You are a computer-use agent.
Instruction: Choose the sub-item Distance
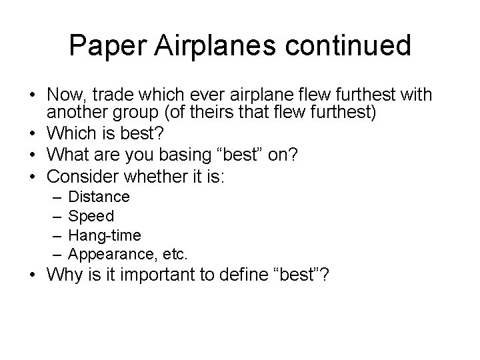(x=99, y=197)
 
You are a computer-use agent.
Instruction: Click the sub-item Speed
(x=91, y=215)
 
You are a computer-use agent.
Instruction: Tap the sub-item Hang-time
(x=105, y=235)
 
